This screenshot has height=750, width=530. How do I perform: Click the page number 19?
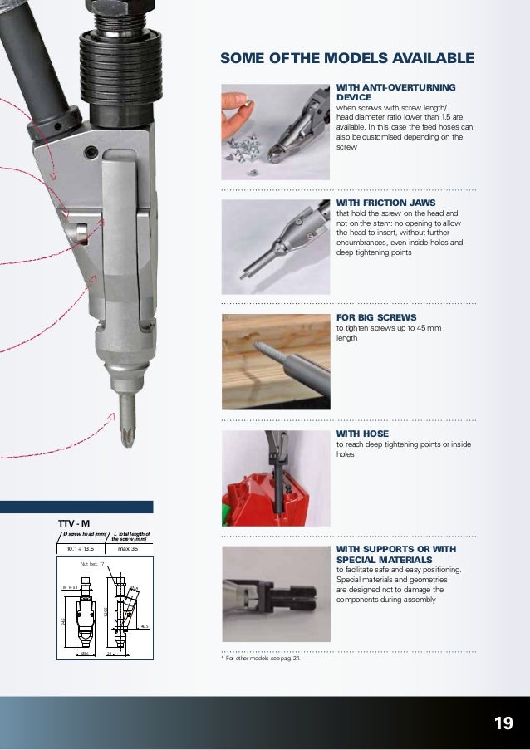(x=502, y=723)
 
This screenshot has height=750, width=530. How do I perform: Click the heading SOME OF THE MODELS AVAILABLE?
(x=346, y=58)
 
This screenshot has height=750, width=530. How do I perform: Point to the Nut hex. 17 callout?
(x=91, y=565)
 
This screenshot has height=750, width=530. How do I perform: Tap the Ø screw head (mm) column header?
(x=83, y=534)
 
